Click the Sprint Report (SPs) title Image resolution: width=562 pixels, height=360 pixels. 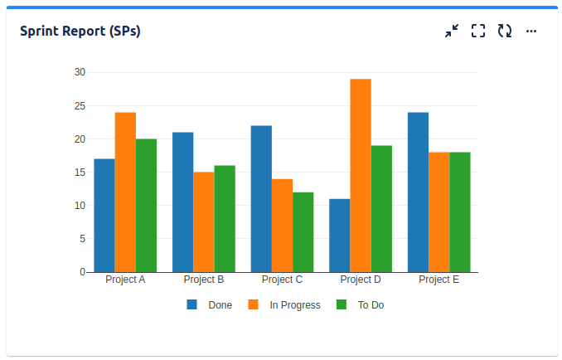[80, 32]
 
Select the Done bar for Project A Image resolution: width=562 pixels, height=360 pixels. [104, 216]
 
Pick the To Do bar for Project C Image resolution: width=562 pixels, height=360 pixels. [303, 232]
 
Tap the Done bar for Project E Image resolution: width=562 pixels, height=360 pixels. [418, 192]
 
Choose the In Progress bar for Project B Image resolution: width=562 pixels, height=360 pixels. [204, 222]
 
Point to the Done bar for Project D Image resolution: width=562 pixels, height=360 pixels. [339, 236]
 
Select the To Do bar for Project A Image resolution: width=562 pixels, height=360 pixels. [146, 206]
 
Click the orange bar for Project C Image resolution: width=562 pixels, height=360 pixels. [282, 226]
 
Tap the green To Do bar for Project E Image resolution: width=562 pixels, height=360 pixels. [460, 212]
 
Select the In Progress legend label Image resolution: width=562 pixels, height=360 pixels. [295, 305]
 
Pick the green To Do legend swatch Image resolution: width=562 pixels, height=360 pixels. [341, 304]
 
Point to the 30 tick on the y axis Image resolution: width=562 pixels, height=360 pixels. [80, 72]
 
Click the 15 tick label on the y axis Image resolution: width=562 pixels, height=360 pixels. [80, 173]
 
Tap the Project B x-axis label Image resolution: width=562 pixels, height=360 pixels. [204, 280]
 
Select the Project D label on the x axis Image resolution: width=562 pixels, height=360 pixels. [361, 280]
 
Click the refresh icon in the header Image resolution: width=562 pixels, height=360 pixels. [505, 31]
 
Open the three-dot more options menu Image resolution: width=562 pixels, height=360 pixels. [531, 31]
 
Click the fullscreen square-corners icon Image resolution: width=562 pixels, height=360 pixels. [478, 31]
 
